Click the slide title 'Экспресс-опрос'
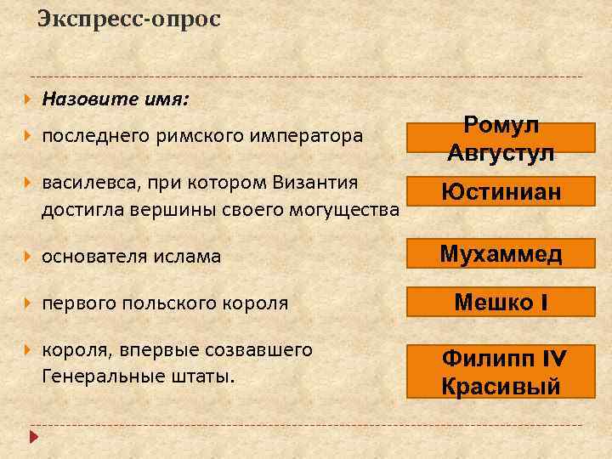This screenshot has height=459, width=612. click(129, 19)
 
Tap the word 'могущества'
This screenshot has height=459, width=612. click(348, 209)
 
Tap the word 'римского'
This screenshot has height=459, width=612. click(191, 135)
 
